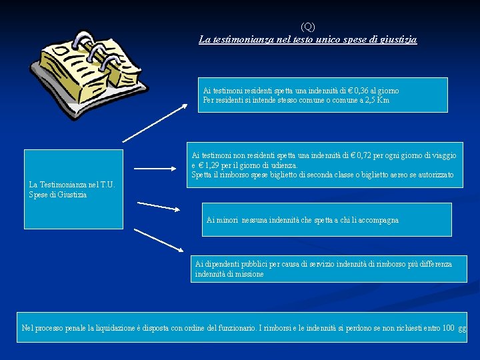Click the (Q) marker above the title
pyautogui.click(x=307, y=27)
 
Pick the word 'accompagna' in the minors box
pyautogui.click(x=377, y=220)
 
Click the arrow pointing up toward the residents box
pyautogui.click(x=155, y=123)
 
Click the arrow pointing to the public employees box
pyautogui.click(x=158, y=239)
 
